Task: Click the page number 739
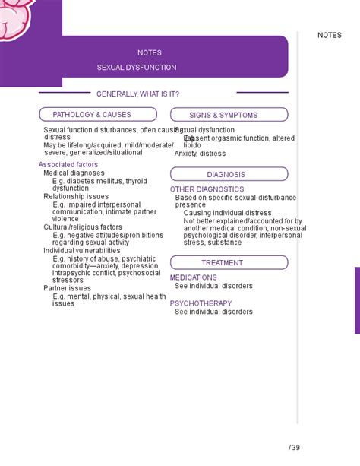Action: click(x=294, y=446)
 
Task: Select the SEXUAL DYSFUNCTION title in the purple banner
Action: click(x=137, y=68)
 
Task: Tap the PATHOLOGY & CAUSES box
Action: click(x=98, y=115)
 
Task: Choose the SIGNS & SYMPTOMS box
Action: click(x=229, y=116)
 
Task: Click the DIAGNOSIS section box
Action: click(x=229, y=174)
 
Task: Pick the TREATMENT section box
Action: click(x=229, y=263)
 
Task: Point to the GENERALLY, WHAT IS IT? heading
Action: click(x=137, y=94)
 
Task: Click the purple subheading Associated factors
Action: click(x=68, y=164)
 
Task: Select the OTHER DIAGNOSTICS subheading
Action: click(x=207, y=189)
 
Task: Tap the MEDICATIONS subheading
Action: click(x=193, y=278)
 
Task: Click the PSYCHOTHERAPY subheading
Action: click(x=201, y=303)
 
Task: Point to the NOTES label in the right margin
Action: click(x=330, y=35)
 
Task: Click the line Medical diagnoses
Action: click(x=74, y=173)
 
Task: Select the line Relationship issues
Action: click(x=76, y=196)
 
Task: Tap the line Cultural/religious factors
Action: click(x=83, y=227)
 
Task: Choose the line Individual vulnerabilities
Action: click(x=82, y=250)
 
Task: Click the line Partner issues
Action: click(x=67, y=288)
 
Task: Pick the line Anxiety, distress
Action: click(x=200, y=153)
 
